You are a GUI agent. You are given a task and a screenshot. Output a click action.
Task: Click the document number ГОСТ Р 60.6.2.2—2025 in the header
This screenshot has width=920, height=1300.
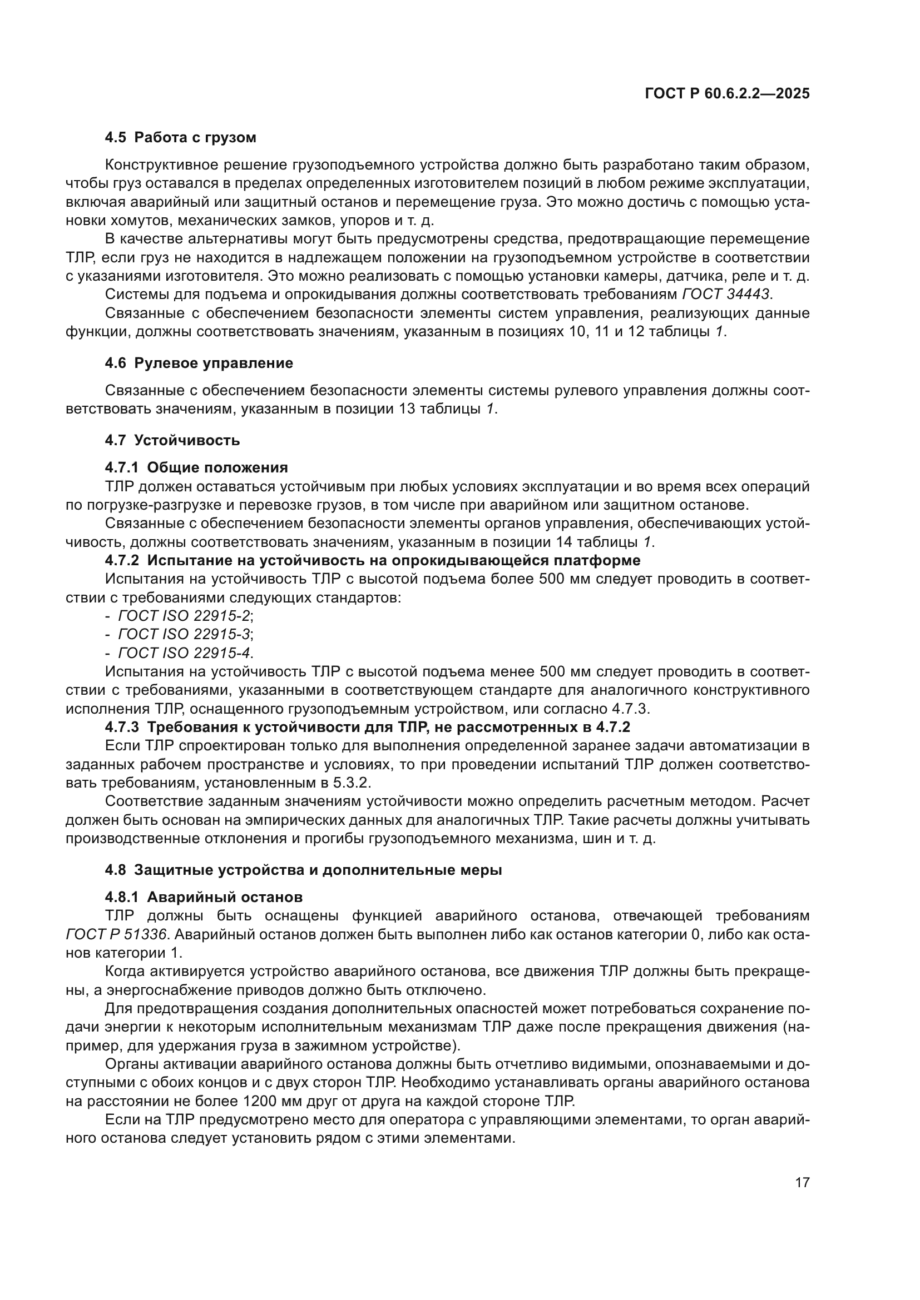point(727,94)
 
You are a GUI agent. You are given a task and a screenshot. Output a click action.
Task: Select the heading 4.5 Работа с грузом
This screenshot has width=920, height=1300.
point(180,138)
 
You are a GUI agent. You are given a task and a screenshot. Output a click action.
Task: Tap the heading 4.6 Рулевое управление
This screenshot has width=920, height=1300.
point(199,363)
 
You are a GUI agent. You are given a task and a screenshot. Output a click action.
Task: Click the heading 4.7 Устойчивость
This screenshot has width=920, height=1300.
point(172,440)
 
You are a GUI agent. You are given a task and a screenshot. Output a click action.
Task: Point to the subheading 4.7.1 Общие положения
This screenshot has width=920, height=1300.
point(196,467)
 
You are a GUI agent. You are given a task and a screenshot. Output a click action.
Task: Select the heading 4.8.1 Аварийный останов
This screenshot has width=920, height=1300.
point(204,897)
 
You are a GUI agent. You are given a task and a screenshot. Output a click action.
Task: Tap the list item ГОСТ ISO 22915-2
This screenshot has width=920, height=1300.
point(184,616)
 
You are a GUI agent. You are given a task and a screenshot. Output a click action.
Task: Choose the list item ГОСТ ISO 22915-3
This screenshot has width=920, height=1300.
point(184,634)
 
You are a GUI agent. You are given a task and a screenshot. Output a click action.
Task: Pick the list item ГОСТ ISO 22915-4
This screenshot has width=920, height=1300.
point(184,653)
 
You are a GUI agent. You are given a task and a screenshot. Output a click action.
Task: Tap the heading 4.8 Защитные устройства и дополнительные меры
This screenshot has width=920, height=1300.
point(303,870)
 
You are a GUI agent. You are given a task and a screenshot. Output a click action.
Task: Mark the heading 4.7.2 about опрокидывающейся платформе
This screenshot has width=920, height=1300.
point(372,561)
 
